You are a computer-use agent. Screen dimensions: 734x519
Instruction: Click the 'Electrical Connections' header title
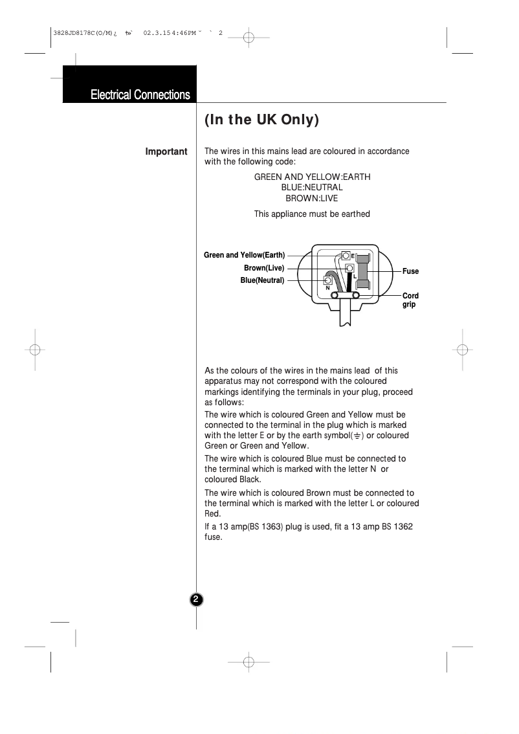(140, 95)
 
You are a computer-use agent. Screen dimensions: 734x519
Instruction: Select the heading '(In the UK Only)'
(262, 121)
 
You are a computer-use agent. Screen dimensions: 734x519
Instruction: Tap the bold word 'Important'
(166, 152)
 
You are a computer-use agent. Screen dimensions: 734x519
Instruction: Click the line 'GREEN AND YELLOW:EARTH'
(312, 177)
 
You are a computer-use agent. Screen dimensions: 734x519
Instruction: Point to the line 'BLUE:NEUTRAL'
(312, 188)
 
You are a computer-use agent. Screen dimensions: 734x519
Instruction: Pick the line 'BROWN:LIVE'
(312, 199)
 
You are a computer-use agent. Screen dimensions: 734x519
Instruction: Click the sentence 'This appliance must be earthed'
(312, 214)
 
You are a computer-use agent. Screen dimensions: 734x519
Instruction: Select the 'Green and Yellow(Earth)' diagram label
(244, 255)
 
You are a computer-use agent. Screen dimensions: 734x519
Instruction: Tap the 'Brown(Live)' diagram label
(264, 268)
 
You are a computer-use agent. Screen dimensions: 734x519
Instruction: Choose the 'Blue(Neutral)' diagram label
(262, 280)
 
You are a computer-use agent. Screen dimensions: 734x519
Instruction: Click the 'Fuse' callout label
(410, 271)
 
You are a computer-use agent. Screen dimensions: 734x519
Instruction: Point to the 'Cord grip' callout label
(410, 300)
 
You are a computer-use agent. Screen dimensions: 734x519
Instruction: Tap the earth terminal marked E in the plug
(346, 256)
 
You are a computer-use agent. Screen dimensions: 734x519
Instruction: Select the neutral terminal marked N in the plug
(329, 281)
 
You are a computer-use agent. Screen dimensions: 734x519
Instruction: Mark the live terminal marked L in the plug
(349, 268)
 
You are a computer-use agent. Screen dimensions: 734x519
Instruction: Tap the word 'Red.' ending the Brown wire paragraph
(214, 513)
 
